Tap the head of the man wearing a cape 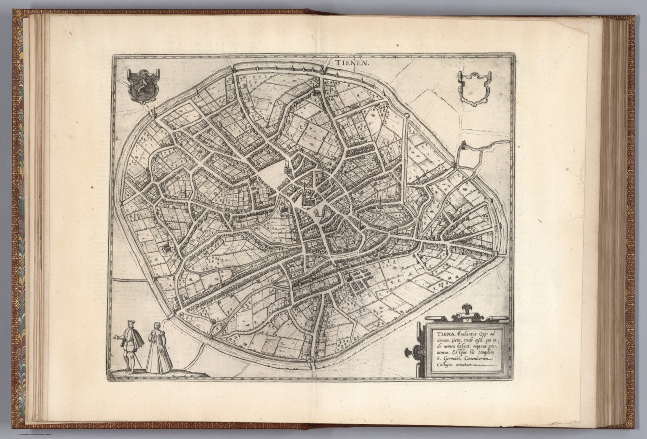tap(128, 324)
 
